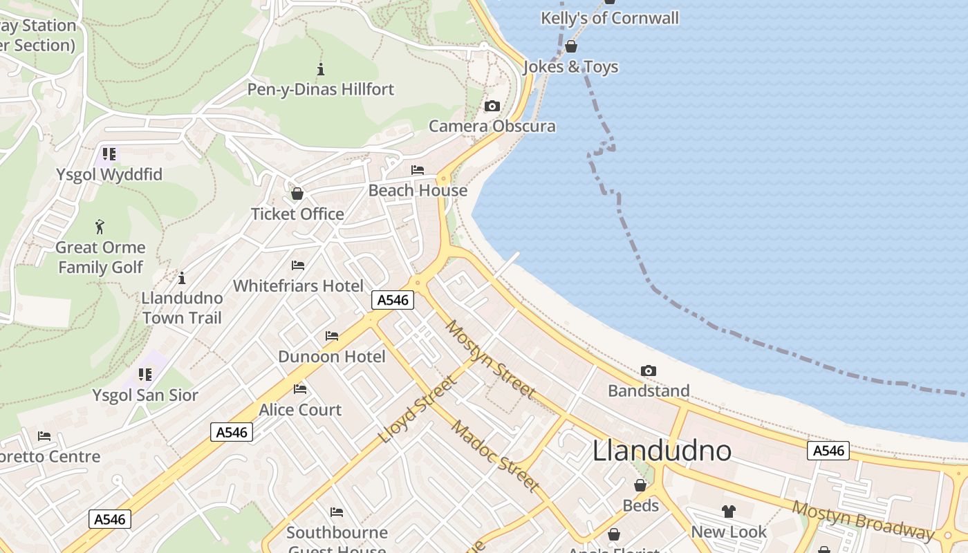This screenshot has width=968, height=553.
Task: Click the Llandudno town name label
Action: [x=662, y=451]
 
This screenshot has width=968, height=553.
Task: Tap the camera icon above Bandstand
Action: [x=648, y=371]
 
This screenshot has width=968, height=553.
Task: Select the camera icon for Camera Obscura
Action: [x=492, y=106]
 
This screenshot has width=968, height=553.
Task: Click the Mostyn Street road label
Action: [x=490, y=359]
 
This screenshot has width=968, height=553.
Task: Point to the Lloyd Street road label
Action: [x=418, y=410]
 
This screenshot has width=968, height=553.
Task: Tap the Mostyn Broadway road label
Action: [x=863, y=519]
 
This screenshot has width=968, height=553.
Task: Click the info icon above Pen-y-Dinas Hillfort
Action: [x=320, y=69]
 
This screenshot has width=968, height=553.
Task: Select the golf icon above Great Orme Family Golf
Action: [x=100, y=226]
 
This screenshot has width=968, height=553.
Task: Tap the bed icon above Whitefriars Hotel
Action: [x=298, y=265]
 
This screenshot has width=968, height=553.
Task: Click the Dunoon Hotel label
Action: [x=332, y=357]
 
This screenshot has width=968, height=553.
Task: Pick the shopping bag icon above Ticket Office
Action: [x=297, y=194]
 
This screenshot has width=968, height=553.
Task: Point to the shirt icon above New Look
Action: [x=729, y=512]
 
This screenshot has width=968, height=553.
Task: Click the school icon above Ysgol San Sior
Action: [x=145, y=375]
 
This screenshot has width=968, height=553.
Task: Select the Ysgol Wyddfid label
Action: [x=109, y=175]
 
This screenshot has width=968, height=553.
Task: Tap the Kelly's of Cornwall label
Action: [x=610, y=18]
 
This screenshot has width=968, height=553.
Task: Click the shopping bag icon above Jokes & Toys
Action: [x=571, y=46]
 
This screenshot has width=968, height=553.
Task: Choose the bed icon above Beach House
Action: [x=418, y=170]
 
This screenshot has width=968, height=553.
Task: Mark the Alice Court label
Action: [x=300, y=410]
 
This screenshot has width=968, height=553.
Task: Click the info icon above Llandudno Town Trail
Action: [x=182, y=278]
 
